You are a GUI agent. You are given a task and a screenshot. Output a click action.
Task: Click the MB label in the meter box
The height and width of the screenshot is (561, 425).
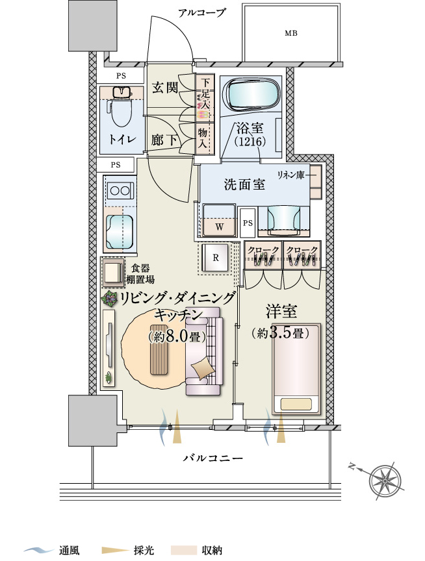coord(290,33)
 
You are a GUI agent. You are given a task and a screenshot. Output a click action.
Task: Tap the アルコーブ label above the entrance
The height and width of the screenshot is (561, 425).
coord(202,13)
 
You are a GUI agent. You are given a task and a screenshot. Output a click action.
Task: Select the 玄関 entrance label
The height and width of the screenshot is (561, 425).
coord(165,87)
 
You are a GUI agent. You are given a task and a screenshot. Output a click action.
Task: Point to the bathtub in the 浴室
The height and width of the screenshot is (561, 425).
coord(250,93)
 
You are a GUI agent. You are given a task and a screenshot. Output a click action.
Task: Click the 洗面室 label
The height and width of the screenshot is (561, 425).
coord(245,184)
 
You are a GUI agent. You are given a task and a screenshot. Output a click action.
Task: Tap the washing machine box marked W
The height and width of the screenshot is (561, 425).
coord(219,220)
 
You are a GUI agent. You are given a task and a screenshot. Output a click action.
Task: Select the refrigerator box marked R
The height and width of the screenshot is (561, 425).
coord(215,258)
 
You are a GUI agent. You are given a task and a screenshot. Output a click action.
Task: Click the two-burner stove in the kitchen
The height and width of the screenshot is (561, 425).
coord(120,190)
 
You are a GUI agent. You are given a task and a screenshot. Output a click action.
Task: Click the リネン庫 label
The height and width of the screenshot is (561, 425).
coord(290,175)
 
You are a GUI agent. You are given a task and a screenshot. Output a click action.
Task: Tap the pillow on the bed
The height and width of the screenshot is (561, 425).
coord(296,405)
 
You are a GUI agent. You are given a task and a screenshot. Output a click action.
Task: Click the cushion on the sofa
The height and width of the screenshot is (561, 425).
coord(201,369)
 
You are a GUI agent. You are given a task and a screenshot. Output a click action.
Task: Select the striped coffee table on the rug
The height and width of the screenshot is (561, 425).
coord(160,349)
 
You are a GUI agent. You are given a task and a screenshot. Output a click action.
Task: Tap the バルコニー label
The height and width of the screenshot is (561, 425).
coord(212,458)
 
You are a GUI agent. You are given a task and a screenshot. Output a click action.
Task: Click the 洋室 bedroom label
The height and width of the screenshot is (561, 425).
coord(281,311)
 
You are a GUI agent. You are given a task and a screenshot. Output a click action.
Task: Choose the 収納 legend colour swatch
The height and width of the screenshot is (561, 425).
coord(184,550)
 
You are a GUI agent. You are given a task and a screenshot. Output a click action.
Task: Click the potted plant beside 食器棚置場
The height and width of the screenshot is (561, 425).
coord(109,299)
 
